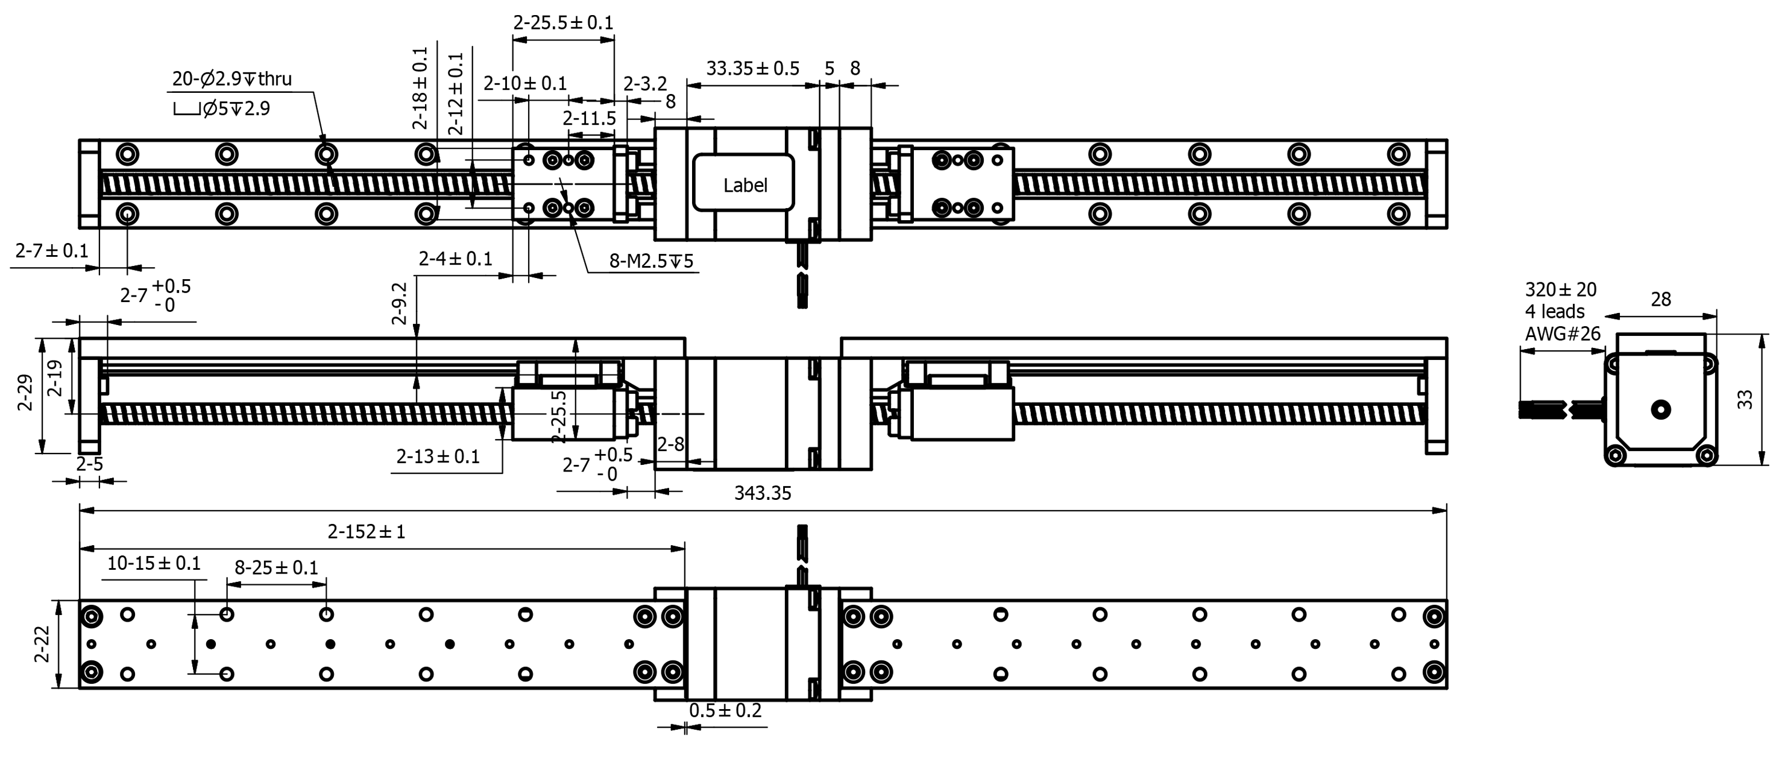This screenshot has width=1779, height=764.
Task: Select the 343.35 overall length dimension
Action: (x=762, y=493)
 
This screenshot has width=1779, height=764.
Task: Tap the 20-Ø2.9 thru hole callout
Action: (x=231, y=79)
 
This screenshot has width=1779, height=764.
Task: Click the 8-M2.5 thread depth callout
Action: (x=650, y=261)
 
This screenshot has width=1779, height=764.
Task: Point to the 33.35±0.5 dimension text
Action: (x=752, y=68)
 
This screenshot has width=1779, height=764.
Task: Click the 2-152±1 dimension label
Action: (x=366, y=532)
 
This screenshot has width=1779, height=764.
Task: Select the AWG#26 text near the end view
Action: (x=1562, y=334)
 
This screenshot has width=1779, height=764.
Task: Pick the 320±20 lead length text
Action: (x=1560, y=289)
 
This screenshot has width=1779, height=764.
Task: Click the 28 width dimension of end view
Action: (x=1660, y=299)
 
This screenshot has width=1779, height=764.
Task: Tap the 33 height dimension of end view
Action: (x=1745, y=400)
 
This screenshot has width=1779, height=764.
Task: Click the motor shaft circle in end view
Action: (x=1660, y=409)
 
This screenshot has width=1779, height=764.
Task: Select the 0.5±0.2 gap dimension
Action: (x=725, y=711)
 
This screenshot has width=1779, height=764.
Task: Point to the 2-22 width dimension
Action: (x=42, y=644)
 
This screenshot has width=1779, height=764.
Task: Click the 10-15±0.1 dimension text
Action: (x=153, y=564)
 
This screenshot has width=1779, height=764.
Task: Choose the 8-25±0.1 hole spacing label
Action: (x=276, y=568)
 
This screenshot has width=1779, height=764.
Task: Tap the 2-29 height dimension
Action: (x=25, y=393)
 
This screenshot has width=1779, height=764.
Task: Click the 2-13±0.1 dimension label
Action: (x=438, y=456)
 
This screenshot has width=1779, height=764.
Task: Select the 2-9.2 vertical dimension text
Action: (x=399, y=303)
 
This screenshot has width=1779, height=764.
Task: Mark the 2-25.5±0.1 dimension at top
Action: (x=563, y=23)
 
